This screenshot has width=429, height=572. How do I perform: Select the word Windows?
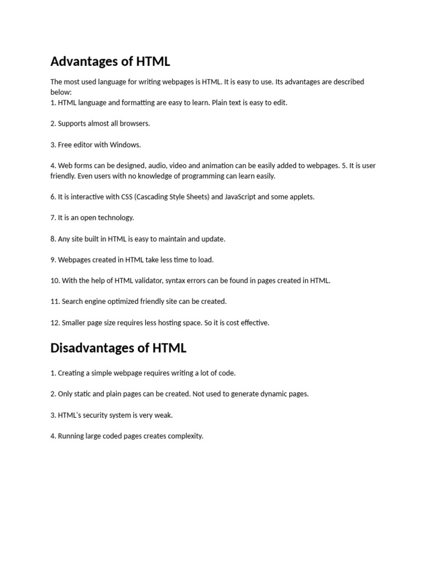(125, 145)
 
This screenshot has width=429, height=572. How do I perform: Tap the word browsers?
(134, 123)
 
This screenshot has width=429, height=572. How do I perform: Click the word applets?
(302, 197)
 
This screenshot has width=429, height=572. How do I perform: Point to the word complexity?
(185, 436)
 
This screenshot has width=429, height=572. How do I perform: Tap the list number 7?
(53, 218)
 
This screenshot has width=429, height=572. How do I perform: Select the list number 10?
(55, 280)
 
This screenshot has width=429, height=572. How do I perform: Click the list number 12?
(55, 323)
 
